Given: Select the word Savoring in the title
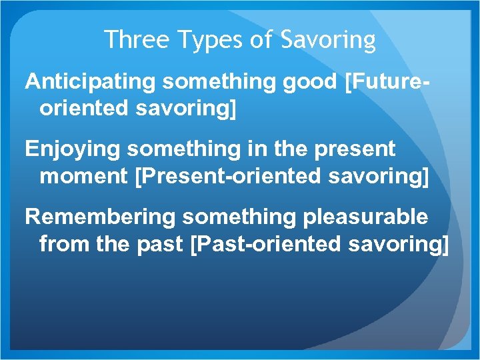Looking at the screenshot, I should pyautogui.click(x=329, y=41).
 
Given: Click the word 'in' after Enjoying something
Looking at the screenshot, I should pyautogui.click(x=246, y=149).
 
